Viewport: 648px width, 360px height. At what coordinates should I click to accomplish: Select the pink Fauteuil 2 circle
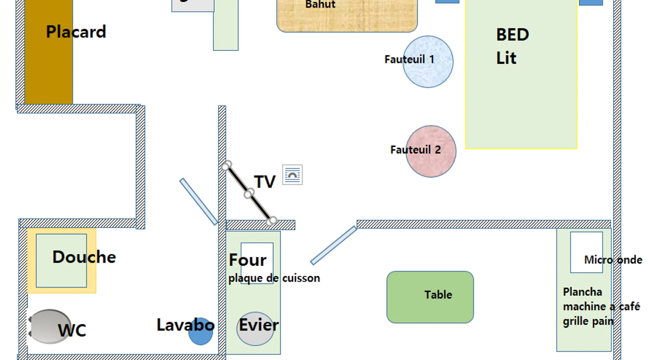pos(431,162)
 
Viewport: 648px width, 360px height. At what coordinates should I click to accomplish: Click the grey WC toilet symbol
pos(47,326)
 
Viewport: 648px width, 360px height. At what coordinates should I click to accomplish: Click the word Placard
pos(76,32)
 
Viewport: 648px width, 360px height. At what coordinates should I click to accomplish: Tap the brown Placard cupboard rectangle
pos(49,72)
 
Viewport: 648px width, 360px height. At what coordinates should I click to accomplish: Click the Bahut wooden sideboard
pos(347,18)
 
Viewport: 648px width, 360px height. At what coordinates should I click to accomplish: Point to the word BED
pos(512,35)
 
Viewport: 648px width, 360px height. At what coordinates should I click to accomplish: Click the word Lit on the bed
pos(506,58)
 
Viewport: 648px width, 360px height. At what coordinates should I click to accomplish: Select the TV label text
pos(265,182)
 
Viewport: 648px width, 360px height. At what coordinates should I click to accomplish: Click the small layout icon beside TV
pos(292,175)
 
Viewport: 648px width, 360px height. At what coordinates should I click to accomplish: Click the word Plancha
pos(582,292)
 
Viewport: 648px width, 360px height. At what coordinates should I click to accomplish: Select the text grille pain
pos(588,321)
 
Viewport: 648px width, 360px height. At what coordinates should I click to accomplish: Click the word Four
pos(248,260)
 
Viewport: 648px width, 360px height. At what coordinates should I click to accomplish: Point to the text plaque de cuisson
pos(274,278)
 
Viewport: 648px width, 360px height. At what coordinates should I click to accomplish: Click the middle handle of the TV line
pos(248,194)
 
